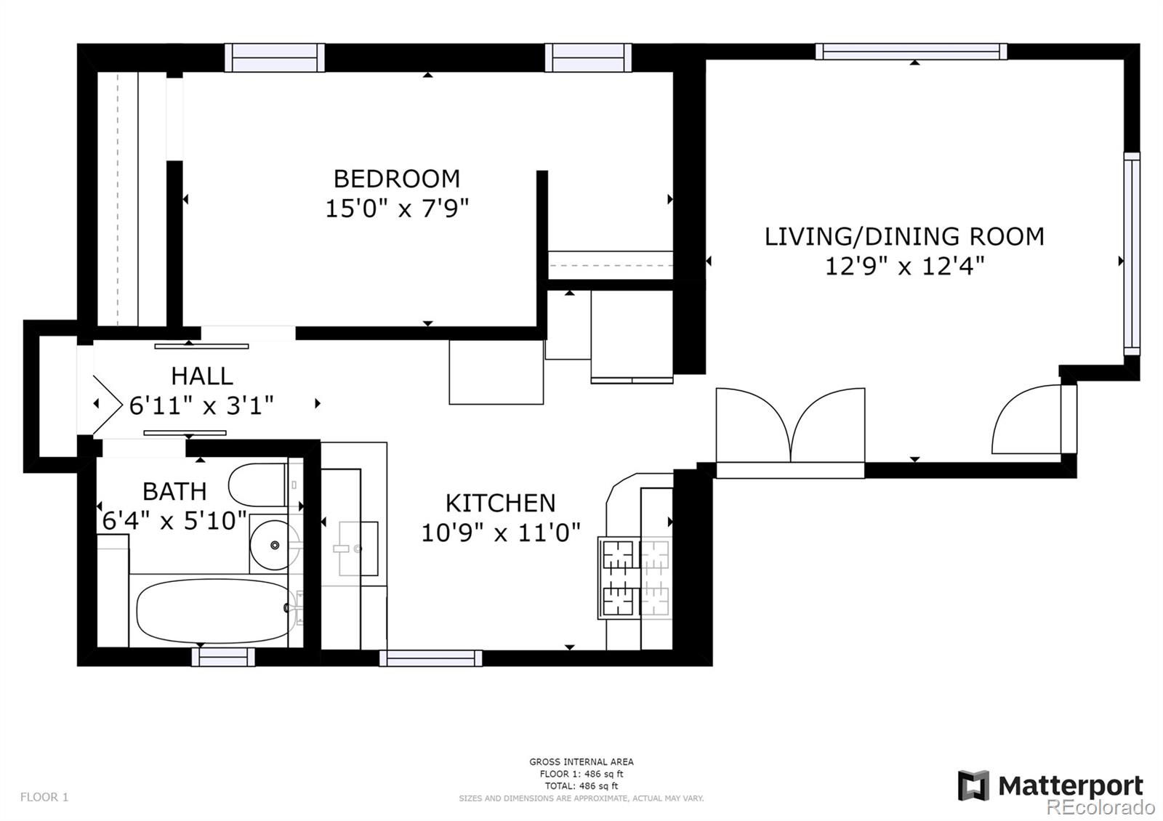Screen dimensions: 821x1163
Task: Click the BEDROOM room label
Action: [396, 179]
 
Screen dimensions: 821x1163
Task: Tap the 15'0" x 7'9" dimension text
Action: [396, 209]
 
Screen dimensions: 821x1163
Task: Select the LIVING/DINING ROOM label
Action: [904, 237]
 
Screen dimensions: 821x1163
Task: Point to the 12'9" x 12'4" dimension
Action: [904, 267]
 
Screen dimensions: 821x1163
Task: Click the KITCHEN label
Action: [500, 503]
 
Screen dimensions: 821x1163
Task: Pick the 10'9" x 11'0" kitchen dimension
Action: [500, 533]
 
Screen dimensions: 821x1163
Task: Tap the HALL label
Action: [201, 376]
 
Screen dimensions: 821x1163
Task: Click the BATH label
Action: [174, 491]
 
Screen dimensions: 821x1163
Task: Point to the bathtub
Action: [213, 610]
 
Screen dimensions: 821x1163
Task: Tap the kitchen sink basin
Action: [358, 549]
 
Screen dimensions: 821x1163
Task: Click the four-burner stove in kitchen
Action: [635, 578]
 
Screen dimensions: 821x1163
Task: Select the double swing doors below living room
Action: [790, 429]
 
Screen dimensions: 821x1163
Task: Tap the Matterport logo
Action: [1050, 785]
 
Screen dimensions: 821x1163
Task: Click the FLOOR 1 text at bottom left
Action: [44, 797]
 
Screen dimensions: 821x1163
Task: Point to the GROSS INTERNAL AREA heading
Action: [581, 761]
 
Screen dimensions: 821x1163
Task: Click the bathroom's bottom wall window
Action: [223, 657]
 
